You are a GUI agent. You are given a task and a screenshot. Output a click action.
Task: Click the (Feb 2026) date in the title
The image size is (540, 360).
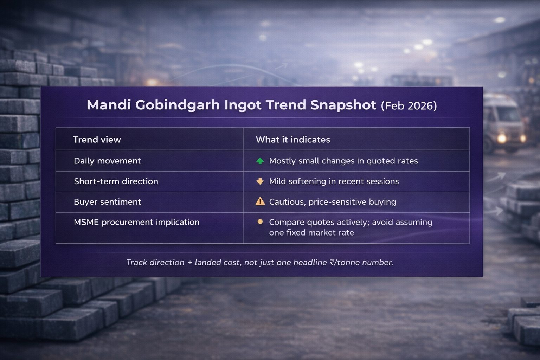click(x=409, y=106)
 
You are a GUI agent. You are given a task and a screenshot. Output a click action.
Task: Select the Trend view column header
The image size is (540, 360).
click(x=97, y=140)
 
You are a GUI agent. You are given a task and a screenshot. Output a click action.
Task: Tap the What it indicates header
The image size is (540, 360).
click(x=292, y=140)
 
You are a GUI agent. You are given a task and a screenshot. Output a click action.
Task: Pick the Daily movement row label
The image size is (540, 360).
click(x=107, y=161)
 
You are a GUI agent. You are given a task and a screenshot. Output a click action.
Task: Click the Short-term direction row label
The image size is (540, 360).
click(x=116, y=181)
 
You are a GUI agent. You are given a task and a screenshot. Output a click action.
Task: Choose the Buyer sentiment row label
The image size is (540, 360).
click(x=107, y=202)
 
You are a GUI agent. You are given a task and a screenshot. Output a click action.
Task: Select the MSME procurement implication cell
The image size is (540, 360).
click(x=136, y=222)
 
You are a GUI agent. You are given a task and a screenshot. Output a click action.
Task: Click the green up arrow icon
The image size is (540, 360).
click(x=260, y=161)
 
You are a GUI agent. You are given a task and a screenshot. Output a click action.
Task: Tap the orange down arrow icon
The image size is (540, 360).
click(x=260, y=181)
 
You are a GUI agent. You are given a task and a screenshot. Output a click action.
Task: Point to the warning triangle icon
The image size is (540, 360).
click(x=260, y=201)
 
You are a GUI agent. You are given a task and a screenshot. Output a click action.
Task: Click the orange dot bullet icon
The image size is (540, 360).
click(x=260, y=222)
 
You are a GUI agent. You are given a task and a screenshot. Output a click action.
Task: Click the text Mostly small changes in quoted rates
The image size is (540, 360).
click(x=343, y=161)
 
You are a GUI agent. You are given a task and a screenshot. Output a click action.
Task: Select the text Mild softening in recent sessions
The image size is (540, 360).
click(x=334, y=181)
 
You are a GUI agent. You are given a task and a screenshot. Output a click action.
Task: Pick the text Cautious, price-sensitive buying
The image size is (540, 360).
click(x=332, y=202)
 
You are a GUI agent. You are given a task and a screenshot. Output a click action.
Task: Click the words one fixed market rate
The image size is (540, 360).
click(x=311, y=233)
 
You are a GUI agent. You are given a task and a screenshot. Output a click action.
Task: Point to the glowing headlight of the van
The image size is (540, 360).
click(x=502, y=138)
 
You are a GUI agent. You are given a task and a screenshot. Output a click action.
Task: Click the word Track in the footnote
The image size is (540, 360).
click(x=137, y=262)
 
